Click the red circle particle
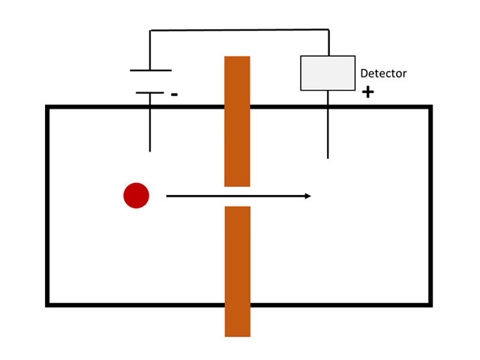pyautogui.click(x=136, y=196)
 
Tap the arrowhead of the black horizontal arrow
pyautogui.click(x=308, y=196)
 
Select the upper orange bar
pyautogui.click(x=237, y=121)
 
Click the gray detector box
pyautogui.click(x=328, y=73)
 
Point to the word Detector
pyautogui.click(x=383, y=74)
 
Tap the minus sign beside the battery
pyautogui.click(x=174, y=94)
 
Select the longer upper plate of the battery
pyautogui.click(x=151, y=71)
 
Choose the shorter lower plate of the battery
pyautogui.click(x=150, y=93)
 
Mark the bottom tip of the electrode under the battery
pyautogui.click(x=150, y=151)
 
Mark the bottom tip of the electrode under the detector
pyautogui.click(x=328, y=158)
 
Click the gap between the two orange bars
pyautogui.click(x=237, y=196)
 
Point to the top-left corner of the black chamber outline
pyautogui.click(x=47, y=107)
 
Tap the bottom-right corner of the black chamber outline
pyautogui.click(x=430, y=305)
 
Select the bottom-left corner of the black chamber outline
pyautogui.click(x=47, y=305)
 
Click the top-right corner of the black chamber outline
pyautogui.click(x=430, y=107)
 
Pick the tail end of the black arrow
pyautogui.click(x=167, y=196)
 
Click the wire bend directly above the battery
pyautogui.click(x=150, y=30)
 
